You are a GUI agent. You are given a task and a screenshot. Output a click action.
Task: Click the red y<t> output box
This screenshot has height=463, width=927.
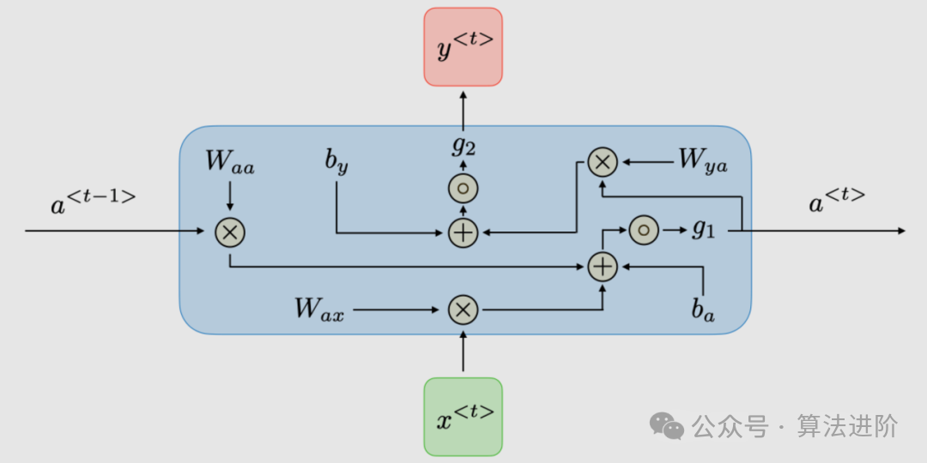click(463, 47)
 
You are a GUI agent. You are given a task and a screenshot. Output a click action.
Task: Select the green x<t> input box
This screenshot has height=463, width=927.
click(463, 416)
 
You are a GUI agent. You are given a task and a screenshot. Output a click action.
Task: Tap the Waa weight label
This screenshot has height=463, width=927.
click(230, 163)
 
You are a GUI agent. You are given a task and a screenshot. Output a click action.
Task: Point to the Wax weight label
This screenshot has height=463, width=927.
click(319, 309)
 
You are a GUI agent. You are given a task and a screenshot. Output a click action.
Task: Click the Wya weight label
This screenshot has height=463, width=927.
click(702, 160)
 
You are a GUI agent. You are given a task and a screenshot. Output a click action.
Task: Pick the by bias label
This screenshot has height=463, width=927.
click(336, 162)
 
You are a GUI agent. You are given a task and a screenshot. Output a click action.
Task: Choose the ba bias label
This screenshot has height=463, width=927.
click(703, 310)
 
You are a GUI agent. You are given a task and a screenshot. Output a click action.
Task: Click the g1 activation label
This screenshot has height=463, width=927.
click(703, 230)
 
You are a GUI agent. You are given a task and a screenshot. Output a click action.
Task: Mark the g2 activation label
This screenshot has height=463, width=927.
click(463, 146)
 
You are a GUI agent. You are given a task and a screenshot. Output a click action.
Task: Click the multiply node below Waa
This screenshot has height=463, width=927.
click(230, 231)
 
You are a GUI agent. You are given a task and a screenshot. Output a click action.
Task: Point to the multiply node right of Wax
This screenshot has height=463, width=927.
click(463, 310)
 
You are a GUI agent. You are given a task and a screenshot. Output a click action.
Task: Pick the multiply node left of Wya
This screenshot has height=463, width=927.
click(603, 160)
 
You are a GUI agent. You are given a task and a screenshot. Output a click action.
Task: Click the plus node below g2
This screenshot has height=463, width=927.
click(463, 231)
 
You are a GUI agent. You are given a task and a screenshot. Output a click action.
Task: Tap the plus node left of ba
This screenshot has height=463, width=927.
click(603, 267)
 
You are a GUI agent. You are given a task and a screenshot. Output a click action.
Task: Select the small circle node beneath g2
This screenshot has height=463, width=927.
click(463, 189)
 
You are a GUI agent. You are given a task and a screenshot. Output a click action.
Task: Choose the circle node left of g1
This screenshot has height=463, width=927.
click(644, 230)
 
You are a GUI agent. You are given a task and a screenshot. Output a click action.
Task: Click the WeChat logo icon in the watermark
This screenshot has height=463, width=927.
click(666, 425)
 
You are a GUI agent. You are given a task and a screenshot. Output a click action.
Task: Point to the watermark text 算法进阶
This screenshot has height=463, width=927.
click(847, 425)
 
